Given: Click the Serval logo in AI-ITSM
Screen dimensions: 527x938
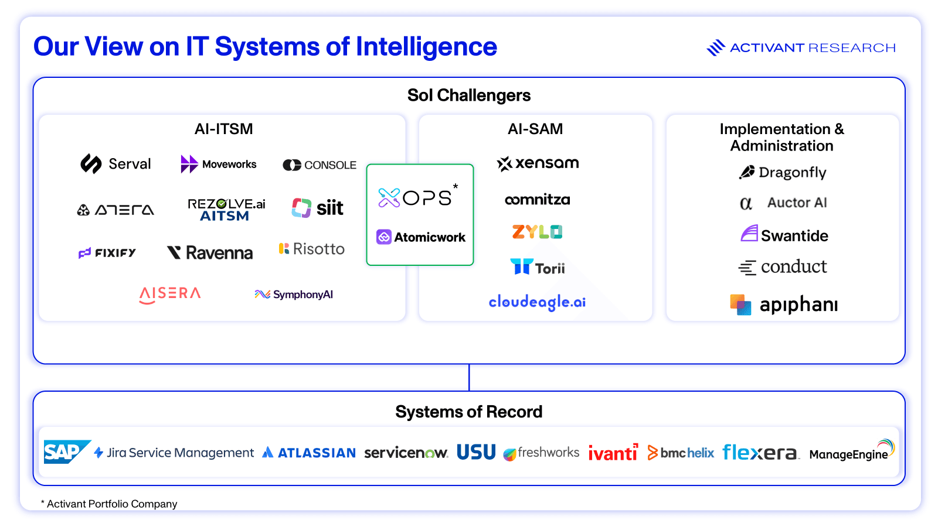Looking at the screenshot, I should (116, 164).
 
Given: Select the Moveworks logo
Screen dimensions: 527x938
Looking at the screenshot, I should (219, 165).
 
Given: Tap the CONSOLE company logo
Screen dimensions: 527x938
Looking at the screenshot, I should (320, 165).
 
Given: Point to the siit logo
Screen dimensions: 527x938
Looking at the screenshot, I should (318, 208).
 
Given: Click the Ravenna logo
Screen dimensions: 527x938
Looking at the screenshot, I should (210, 253).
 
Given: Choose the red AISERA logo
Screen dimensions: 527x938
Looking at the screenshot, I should (170, 294).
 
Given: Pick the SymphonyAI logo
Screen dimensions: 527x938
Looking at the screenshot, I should (294, 295).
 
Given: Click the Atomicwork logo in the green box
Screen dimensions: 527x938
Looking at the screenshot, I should (421, 237).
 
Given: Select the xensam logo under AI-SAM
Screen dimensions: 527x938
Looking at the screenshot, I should (538, 163).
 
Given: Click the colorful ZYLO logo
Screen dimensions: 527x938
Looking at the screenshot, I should (537, 232).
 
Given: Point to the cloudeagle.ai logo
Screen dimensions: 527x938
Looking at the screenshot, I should (537, 302).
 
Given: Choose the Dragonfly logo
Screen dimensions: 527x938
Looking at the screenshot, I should (783, 172).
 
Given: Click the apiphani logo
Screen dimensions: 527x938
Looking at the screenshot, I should (784, 304).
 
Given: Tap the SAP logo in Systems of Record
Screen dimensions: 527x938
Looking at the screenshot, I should (66, 452).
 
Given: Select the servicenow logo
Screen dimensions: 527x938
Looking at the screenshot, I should (406, 453).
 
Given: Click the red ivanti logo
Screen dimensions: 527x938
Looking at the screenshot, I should (613, 453).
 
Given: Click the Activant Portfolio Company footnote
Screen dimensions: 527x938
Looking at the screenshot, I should (109, 504).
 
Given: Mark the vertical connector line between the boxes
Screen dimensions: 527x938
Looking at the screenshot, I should (469, 378).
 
